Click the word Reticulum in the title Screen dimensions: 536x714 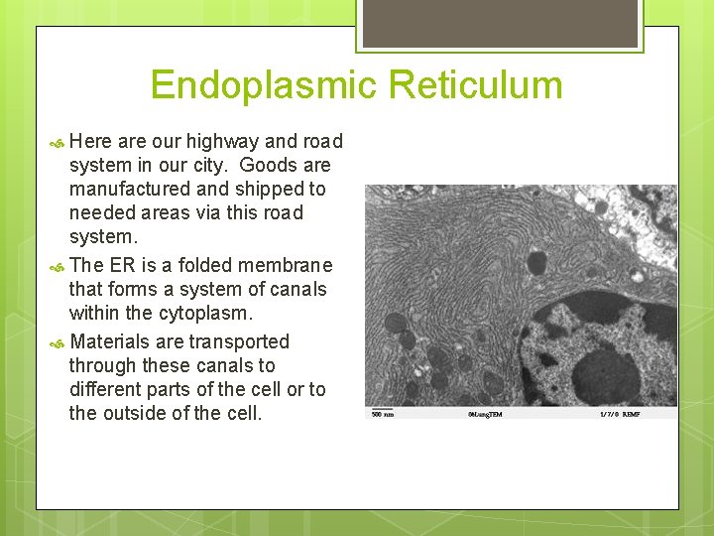[476, 85]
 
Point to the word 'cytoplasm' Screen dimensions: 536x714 [204, 313]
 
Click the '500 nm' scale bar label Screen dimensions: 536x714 [382, 413]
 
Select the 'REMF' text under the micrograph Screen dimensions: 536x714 [631, 413]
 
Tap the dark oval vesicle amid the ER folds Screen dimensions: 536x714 [536, 262]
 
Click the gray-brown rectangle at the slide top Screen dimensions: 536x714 [500, 23]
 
